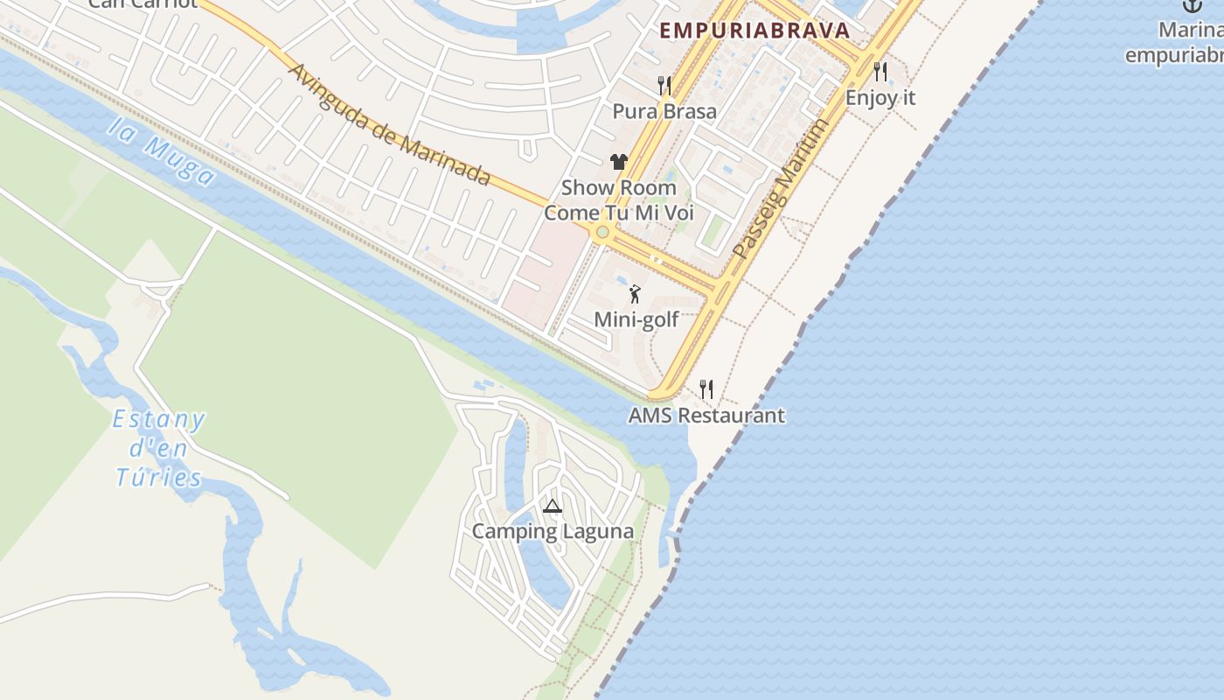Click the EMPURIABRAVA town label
pos(755,31)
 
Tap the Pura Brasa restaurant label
pos(664,111)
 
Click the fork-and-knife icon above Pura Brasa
pos(664,85)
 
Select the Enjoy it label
pos(880,97)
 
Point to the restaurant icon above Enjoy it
pos(880,71)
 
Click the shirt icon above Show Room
pos(619,161)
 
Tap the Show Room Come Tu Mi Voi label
pos(619,200)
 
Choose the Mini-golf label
pos(636,319)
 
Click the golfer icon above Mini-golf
pos(636,294)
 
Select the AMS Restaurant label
pos(706,415)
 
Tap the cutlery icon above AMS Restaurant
pos(706,388)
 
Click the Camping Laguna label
pos(553,531)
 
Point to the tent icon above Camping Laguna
pos(552,506)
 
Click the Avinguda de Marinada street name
pos(389,123)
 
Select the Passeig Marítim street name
pos(780,189)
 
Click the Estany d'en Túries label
pos(159,449)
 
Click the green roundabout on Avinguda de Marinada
pos(602,232)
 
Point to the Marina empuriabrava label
pos(1175,43)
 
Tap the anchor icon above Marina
pos(1193,5)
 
